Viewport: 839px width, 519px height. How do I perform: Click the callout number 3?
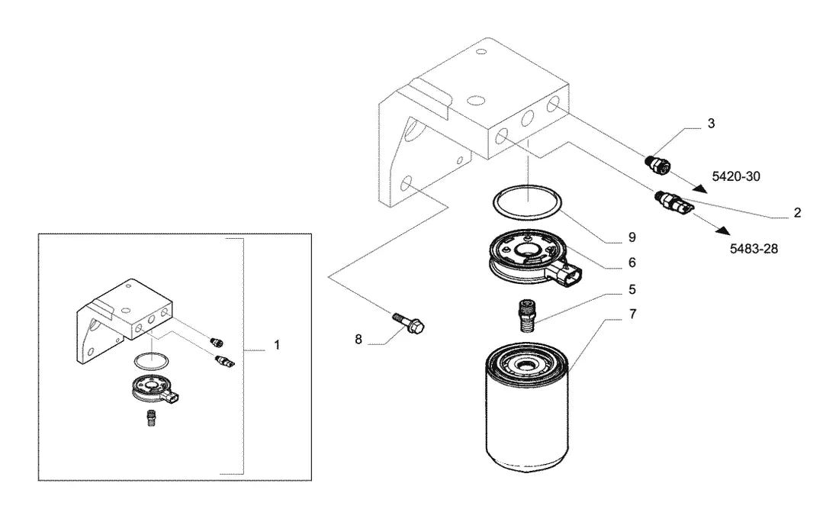click(711, 124)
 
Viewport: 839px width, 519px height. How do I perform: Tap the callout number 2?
click(797, 213)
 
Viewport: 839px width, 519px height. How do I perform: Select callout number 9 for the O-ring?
click(632, 237)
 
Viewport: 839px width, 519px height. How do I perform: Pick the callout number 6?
click(632, 263)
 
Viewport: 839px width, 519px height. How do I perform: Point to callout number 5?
click(632, 290)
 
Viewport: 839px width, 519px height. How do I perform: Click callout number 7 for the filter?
click(632, 314)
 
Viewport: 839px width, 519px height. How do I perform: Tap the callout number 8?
click(358, 340)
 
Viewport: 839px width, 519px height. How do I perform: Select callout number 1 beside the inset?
click(277, 346)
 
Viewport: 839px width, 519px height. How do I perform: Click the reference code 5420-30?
click(736, 176)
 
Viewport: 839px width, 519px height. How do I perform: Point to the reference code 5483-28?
click(754, 249)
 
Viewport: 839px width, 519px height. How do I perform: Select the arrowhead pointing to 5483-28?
click(723, 230)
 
